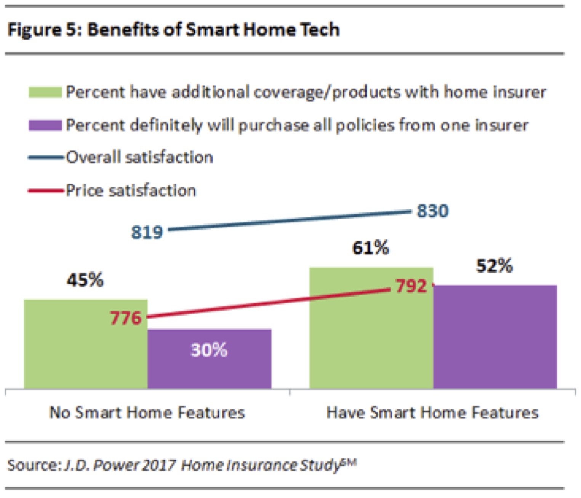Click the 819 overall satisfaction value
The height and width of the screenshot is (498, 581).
coord(147,232)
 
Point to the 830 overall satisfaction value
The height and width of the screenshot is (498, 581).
coord(432,211)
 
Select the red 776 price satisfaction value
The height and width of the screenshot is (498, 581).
coord(126,318)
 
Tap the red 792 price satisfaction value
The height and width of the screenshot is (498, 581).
coord(411,286)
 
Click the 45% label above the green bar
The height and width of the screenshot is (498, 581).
coord(85,280)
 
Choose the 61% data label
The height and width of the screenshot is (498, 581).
coord(371,248)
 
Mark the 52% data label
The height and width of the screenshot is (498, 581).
coord(494,265)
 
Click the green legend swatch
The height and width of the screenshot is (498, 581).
coord(45,93)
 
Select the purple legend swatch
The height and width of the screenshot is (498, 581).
coord(45,125)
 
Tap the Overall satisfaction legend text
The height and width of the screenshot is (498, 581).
coord(139,157)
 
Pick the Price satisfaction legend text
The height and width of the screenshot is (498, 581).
coord(131,190)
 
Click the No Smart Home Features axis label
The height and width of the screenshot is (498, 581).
coord(147,413)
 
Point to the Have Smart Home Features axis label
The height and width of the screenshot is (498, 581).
coord(432,413)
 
